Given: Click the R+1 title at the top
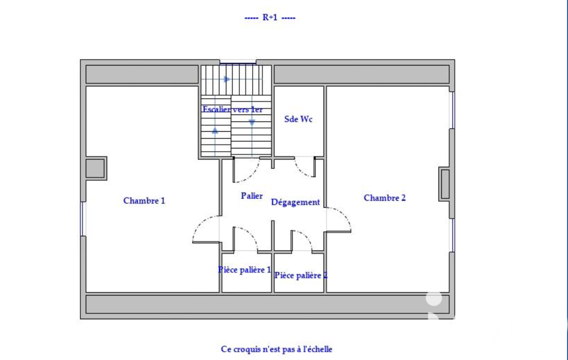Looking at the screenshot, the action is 270,17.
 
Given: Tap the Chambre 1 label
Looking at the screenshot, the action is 144,200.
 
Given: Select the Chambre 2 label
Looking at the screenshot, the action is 385,198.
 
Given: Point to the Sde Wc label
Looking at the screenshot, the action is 298,119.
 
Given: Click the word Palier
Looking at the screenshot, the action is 252,196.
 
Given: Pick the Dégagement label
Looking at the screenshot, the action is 295,202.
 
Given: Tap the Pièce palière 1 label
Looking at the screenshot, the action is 244,270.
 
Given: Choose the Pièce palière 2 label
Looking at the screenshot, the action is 301,276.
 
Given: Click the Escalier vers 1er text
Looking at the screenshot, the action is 233,109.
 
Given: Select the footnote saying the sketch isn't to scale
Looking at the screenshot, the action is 277,349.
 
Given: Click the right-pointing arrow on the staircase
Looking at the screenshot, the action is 227,79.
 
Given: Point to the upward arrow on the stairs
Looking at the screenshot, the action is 215,131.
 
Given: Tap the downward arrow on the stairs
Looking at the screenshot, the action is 252,123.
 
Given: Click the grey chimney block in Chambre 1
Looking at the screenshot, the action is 96,168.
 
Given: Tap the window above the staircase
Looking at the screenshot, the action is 238,62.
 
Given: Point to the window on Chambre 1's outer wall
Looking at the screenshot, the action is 83,218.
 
